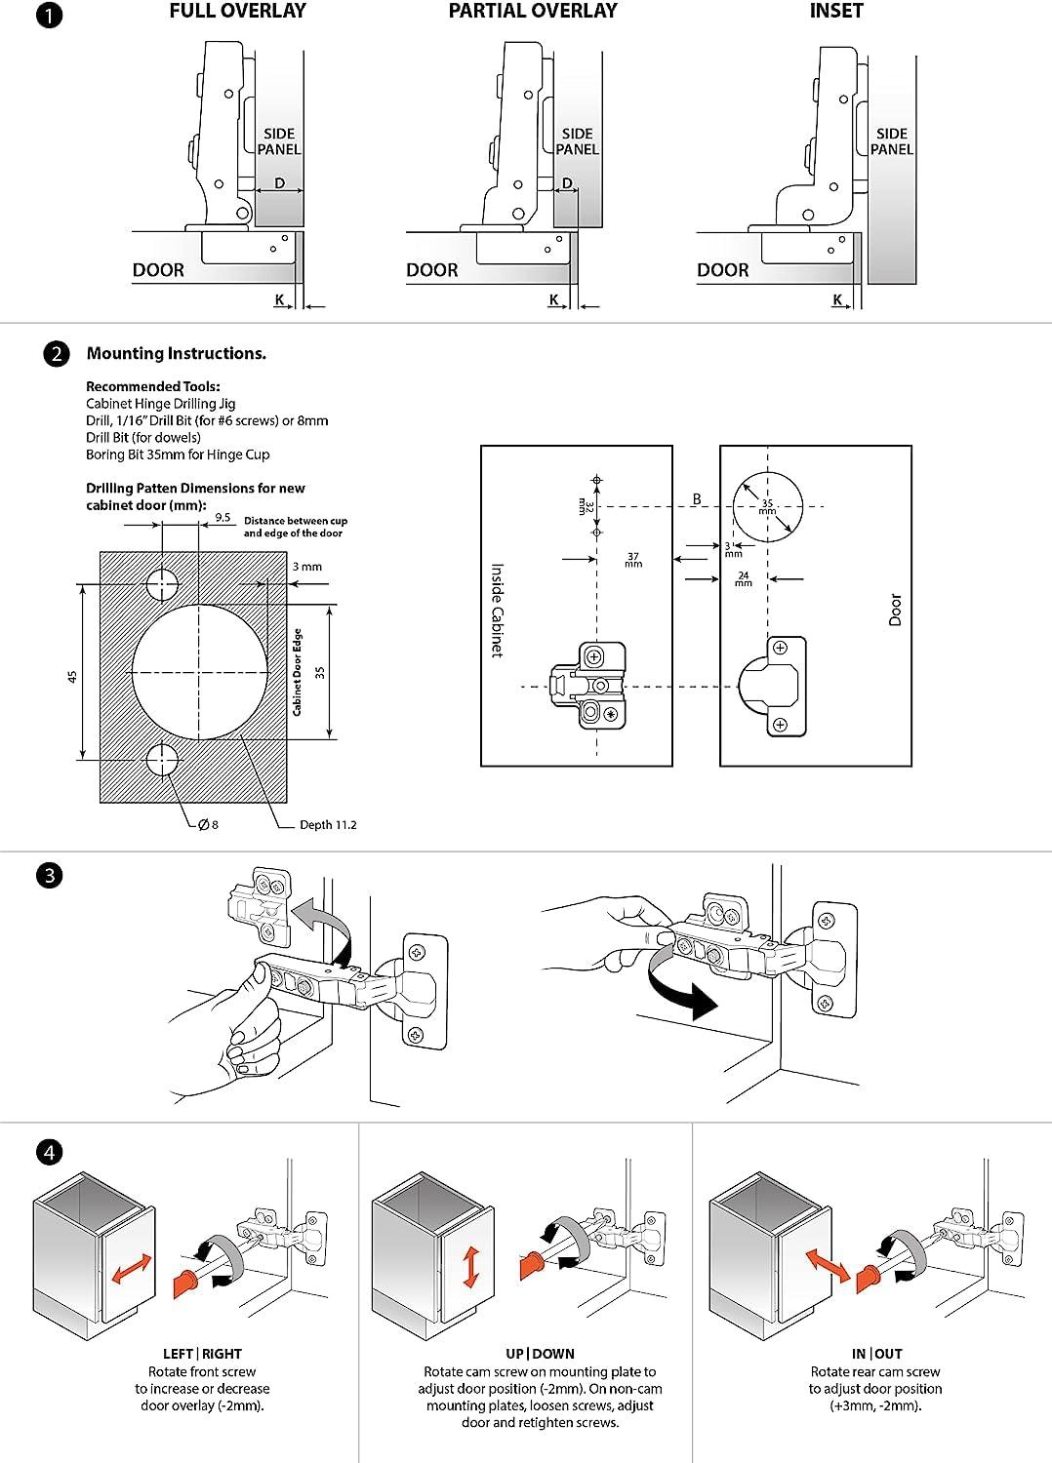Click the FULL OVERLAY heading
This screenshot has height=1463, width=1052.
(237, 11)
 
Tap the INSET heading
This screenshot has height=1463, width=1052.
(836, 11)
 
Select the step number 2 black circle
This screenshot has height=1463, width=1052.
(57, 354)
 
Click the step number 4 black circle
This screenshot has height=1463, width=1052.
(49, 1152)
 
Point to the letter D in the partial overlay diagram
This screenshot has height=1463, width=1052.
(568, 183)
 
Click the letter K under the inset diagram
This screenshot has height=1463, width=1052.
(837, 299)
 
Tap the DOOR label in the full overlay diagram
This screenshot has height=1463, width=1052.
(158, 270)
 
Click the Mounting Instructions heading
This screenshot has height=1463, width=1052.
(176, 354)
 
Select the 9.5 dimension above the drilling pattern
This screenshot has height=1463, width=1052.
(223, 518)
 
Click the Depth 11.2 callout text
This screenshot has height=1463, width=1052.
(328, 825)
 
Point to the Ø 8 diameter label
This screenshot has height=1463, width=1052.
(208, 825)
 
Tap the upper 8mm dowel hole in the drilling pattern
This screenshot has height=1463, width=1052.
(163, 584)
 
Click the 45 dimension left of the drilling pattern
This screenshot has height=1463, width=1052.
(72, 676)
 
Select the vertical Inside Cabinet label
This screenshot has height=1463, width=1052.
(497, 610)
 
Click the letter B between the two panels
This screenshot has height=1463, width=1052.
(697, 499)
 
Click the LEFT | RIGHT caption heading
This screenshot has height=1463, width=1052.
(202, 1354)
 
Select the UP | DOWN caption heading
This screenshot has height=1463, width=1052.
(540, 1354)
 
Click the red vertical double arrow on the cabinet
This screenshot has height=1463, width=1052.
(471, 1266)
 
